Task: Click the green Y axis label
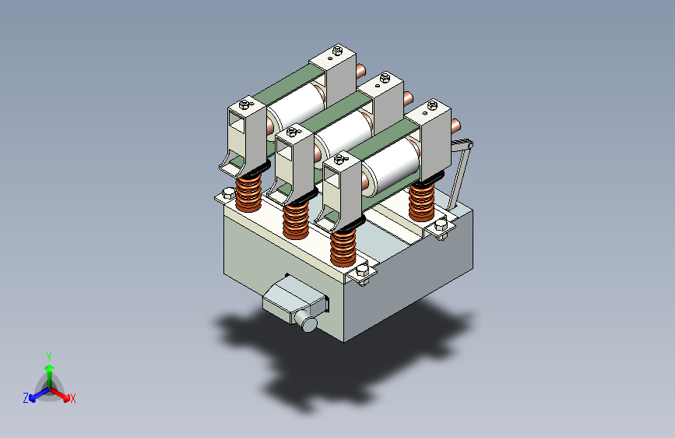pos(49,357)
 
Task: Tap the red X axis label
pos(73,399)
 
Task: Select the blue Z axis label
pos(26,398)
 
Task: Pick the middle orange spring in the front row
pos(296,221)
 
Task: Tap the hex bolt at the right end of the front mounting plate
pos(362,270)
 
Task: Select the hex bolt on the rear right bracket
pos(441,225)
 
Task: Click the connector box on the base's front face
pos(294,297)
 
